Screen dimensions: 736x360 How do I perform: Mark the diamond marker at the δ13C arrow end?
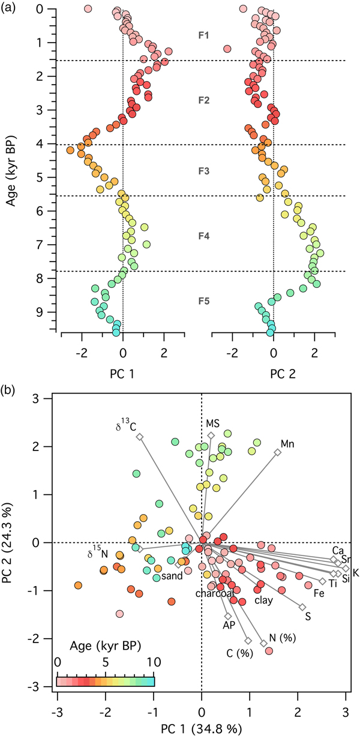click(139, 437)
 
